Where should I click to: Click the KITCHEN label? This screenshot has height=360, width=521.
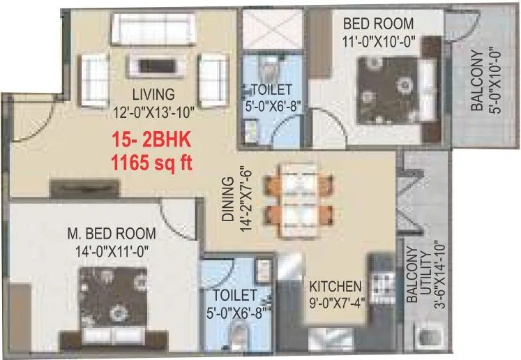point(335,287)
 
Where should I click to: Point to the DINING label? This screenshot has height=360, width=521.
point(227,200)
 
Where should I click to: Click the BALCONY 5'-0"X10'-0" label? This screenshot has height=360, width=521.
point(485,78)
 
